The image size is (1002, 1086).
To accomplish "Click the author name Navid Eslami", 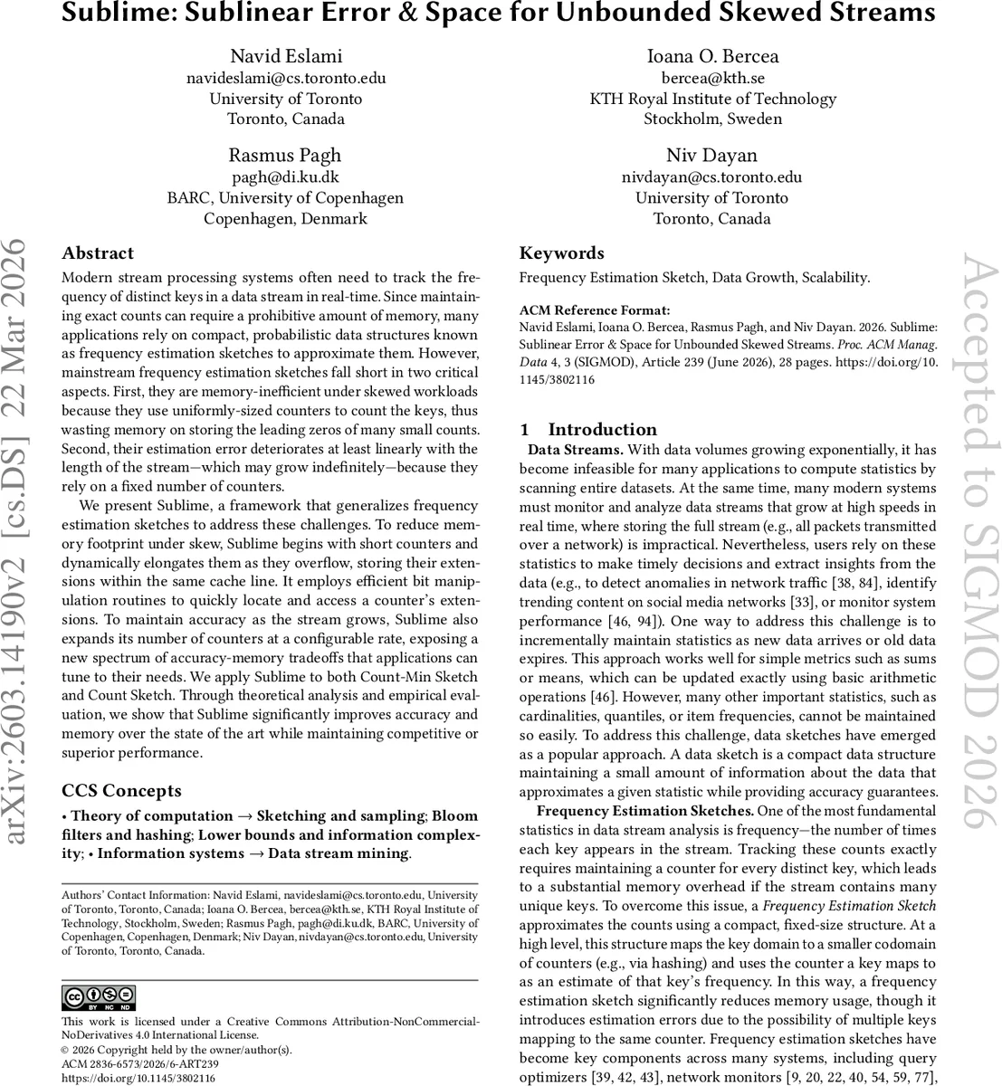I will coord(286,56).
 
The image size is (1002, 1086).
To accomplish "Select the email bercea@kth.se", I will coord(712,78).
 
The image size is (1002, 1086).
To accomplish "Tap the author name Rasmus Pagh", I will coord(285,155).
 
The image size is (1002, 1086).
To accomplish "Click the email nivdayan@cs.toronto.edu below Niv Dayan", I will coord(711,176).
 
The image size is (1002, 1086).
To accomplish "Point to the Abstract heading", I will coord(98,253).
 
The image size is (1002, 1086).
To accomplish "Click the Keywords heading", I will coord(561,253).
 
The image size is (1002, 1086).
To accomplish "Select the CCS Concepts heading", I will coord(121,791).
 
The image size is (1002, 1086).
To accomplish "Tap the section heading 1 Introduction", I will coord(589,430).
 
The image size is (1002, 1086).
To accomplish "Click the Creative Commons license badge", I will coord(98,997).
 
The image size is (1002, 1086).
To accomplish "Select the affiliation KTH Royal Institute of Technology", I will coord(712,99).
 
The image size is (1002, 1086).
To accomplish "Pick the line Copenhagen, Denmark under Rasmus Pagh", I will coord(285,218).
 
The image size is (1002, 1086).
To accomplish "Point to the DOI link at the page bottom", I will coord(138,1079).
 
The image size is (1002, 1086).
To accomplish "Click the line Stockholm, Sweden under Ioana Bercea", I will coord(712,119).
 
